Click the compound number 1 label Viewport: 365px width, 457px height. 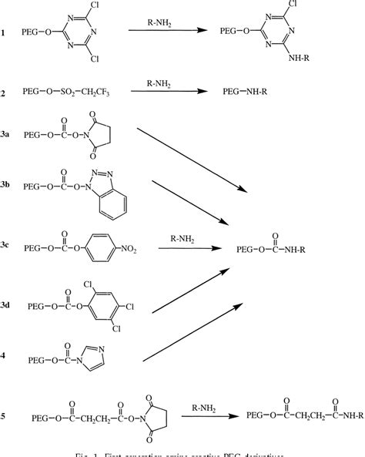[x=5, y=33]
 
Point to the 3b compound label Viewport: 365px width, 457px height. [x=7, y=186]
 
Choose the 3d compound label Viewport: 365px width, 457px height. [x=7, y=307]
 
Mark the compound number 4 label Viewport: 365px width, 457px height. [x=5, y=357]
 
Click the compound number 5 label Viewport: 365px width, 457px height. [x=5, y=416]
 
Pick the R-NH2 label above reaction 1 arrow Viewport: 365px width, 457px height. [x=159, y=22]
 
